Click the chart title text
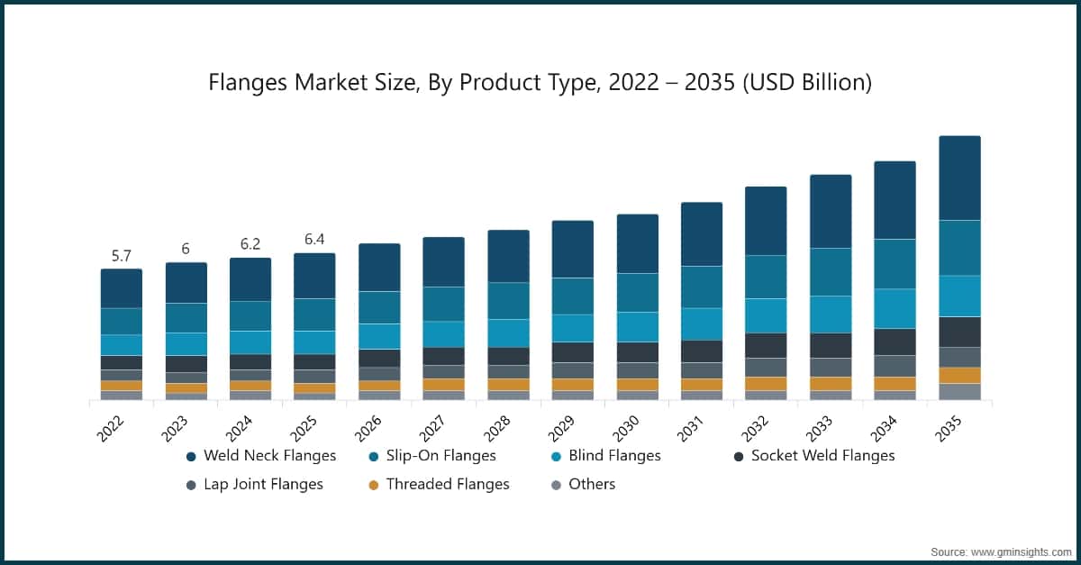coord(540,83)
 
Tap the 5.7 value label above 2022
coord(122,256)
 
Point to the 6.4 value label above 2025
coord(314,240)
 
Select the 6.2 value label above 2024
coord(250,245)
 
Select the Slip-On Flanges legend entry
coord(441,456)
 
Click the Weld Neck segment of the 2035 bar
coord(959,178)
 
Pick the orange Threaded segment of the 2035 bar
coord(959,375)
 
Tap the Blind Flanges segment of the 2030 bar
coord(637,326)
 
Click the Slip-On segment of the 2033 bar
coord(831,271)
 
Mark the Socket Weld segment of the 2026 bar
coord(379,358)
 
